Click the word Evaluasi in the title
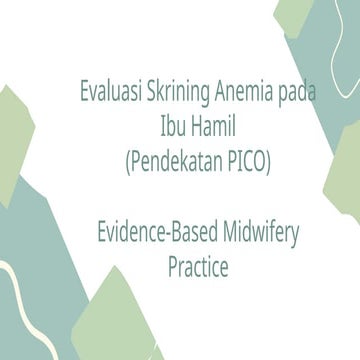click(x=109, y=96)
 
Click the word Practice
click(x=197, y=269)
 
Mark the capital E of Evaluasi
click(x=84, y=96)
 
